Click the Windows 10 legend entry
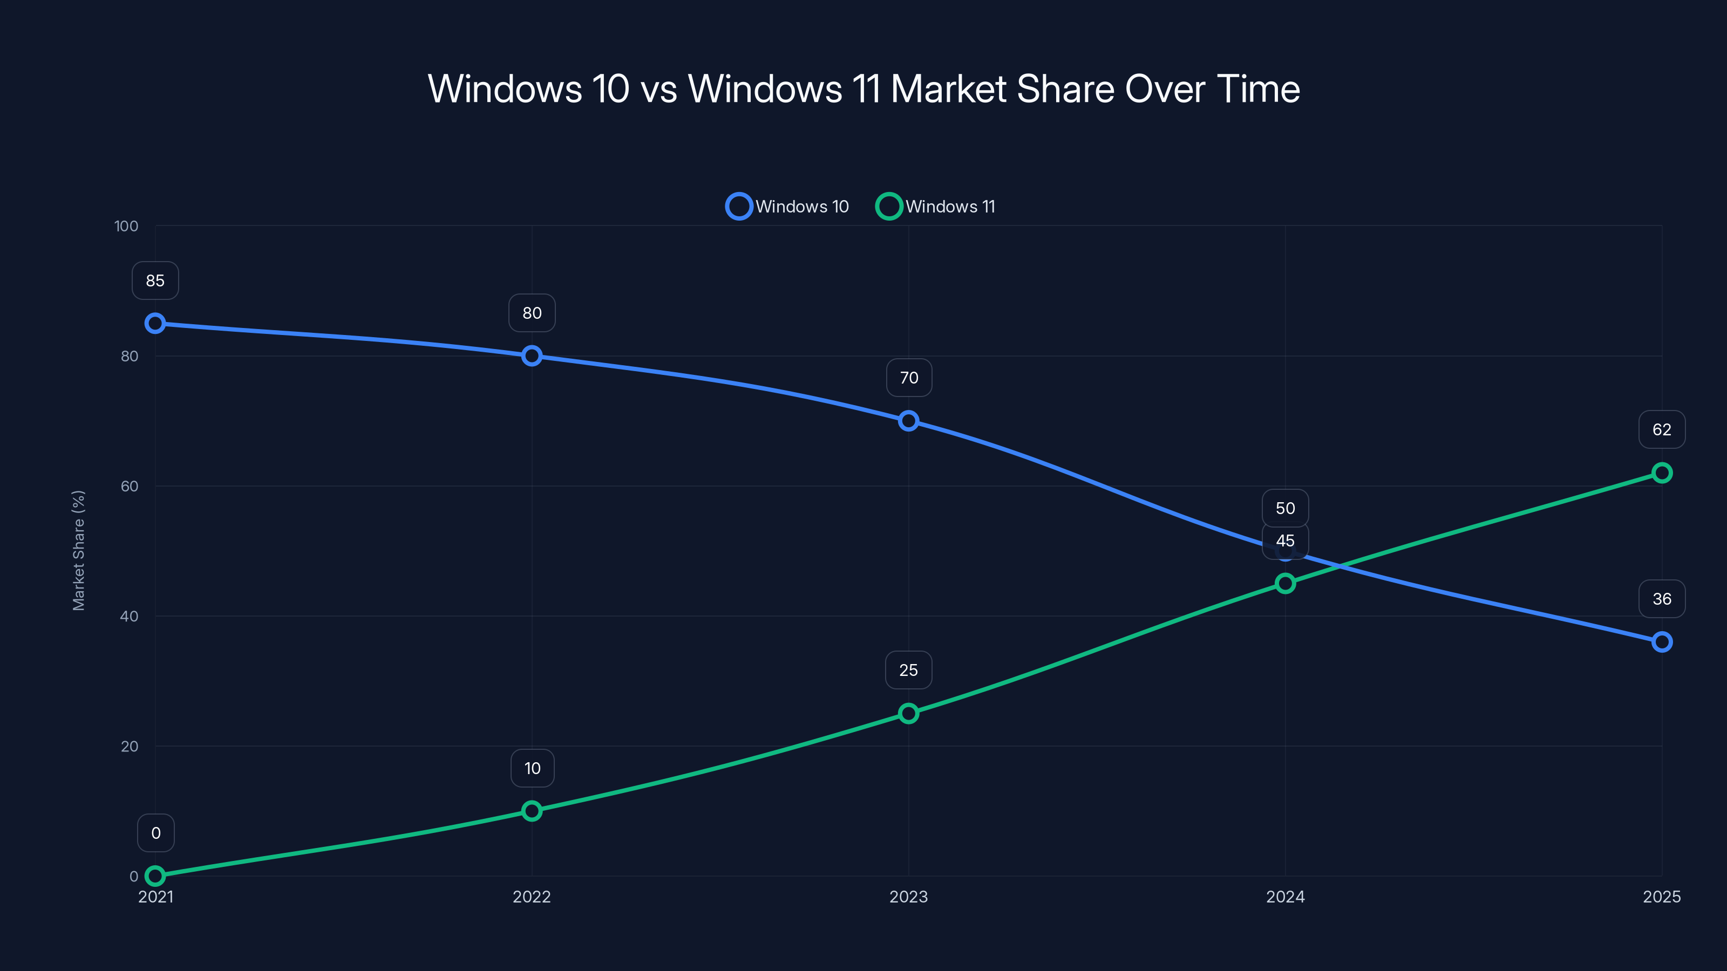[788, 207]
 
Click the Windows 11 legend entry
[936, 207]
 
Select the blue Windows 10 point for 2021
[155, 324]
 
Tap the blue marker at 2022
[532, 356]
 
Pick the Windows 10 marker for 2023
[908, 421]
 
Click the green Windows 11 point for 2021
[155, 876]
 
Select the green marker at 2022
[532, 811]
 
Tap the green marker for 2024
[1284, 584]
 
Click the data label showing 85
[155, 281]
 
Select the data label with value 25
[908, 670]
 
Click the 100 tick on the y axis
[126, 226]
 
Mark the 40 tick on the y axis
[130, 616]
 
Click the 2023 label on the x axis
[908, 897]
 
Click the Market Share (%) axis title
[78, 551]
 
